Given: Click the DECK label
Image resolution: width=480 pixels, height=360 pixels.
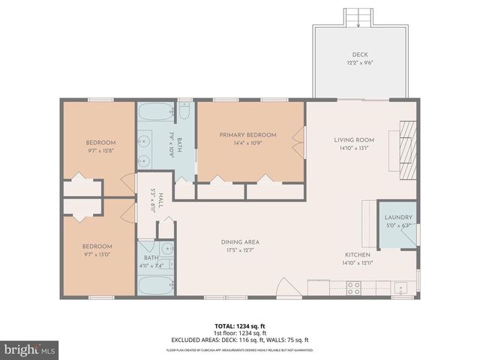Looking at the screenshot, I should [360, 55].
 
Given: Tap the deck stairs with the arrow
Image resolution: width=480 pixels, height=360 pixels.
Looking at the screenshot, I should [358, 17].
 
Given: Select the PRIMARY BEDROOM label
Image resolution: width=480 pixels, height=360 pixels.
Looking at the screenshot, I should [247, 135].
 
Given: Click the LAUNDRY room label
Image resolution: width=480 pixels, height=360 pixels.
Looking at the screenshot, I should [398, 217].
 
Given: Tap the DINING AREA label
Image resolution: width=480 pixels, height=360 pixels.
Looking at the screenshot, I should [240, 242].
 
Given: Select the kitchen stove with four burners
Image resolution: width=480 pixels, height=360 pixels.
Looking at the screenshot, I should [352, 287].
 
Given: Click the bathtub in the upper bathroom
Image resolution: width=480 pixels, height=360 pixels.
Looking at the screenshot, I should [156, 112].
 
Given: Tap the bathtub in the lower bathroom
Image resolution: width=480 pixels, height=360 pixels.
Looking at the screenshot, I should [156, 286].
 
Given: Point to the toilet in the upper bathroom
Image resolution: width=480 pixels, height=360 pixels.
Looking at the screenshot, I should [184, 111].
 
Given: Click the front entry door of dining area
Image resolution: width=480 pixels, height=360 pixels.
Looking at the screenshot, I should [287, 288].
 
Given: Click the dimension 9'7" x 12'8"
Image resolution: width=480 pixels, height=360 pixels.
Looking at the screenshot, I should [100, 150].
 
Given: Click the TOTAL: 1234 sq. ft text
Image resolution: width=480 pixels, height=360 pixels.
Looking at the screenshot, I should [239, 326].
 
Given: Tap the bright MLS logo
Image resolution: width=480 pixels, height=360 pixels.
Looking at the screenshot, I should [30, 349].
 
